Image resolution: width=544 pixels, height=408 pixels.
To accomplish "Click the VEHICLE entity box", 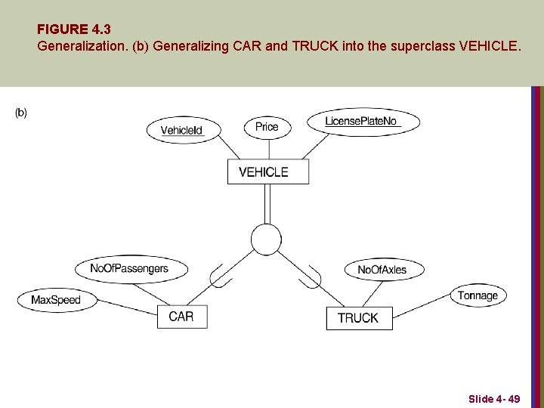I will coord(268,172).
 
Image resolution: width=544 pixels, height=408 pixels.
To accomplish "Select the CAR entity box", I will coord(181,317).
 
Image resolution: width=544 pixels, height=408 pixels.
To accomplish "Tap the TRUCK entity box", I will coord(357,317).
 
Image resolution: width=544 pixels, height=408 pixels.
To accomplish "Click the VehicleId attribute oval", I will coord(181,130).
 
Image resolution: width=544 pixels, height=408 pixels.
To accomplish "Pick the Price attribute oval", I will coord(267,127).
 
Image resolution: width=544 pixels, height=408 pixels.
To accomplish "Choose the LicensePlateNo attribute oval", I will coord(363,121).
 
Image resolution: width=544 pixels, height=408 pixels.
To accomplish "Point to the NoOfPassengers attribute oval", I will coord(129,268).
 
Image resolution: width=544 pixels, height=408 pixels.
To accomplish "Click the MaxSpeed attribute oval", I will coord(55,300).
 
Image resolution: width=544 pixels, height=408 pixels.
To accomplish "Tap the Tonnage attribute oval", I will coord(478,295).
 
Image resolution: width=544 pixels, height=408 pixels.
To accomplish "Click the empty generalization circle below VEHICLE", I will coord(266,239).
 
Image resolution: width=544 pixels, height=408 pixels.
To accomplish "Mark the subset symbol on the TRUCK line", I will coord(311,276).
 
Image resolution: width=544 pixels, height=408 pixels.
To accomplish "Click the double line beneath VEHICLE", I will coord(267,203).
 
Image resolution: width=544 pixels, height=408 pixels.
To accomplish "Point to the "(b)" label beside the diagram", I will coord(21,113).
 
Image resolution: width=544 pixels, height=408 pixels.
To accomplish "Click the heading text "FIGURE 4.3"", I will coord(73,29).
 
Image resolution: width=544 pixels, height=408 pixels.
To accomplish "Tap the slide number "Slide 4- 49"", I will coord(493,398).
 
